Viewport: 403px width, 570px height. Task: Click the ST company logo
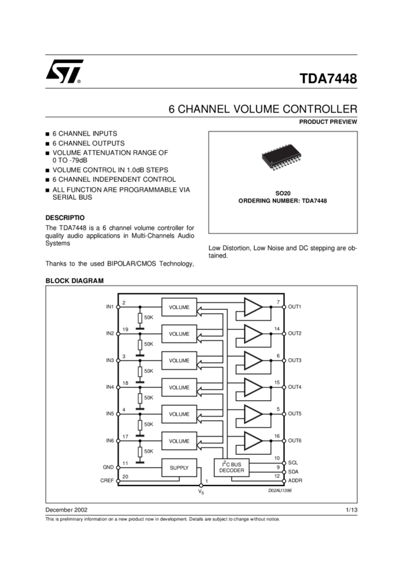coord(64,71)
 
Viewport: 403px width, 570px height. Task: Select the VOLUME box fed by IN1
coord(179,307)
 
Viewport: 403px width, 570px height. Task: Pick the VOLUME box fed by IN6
coord(179,441)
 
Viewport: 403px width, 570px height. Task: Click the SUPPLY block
coord(179,467)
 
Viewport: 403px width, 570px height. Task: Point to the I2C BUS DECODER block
coord(231,467)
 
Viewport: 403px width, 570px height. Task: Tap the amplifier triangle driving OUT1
coord(253,307)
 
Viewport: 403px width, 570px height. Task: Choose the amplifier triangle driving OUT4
coord(253,388)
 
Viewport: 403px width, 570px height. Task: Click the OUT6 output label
coord(295,441)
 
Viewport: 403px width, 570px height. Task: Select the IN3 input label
coord(110,360)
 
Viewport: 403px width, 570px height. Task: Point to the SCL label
coord(293,463)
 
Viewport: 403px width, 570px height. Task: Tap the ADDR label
coord(295,481)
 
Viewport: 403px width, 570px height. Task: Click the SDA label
coord(293,471)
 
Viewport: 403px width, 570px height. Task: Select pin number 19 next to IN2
coord(125,329)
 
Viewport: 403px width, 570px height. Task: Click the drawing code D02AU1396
coord(279,491)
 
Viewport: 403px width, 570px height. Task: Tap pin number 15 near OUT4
coord(277,383)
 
